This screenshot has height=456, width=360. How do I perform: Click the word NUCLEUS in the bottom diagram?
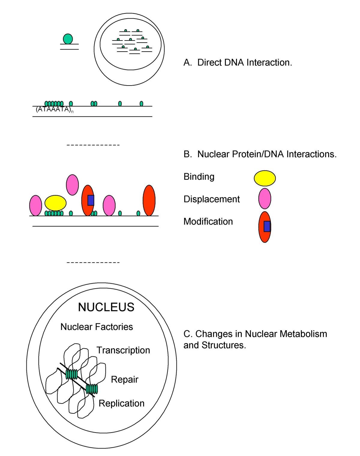pos(106,307)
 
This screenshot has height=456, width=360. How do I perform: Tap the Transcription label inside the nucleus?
pos(123,350)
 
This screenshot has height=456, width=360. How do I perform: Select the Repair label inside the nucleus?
pos(124,379)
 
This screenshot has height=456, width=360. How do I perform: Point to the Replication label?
pos(121,403)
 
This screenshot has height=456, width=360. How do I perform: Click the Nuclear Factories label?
pos(97,327)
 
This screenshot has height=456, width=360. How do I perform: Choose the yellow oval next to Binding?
pos(265,178)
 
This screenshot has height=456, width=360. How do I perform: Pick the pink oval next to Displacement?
pos(265,199)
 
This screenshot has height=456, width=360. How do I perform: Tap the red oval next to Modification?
pos(265,227)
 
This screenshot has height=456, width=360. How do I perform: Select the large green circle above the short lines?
pos(68,39)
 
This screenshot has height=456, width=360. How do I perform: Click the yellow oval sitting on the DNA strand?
pos(55,203)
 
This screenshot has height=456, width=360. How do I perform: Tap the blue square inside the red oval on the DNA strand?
pos(91,200)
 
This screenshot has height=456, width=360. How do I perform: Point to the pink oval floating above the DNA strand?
pos(72,185)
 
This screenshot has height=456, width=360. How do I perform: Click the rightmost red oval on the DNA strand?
pos(149,200)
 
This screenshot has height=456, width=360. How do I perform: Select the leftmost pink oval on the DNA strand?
pos(35,205)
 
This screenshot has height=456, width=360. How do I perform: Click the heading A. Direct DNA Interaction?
pos(238,63)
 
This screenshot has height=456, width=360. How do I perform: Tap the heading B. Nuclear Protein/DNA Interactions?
pos(260,154)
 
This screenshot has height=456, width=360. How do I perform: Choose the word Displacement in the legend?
pos(211,199)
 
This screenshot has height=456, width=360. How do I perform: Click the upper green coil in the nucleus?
pos(72,374)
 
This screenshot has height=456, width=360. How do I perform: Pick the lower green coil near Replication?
pos(92,389)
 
